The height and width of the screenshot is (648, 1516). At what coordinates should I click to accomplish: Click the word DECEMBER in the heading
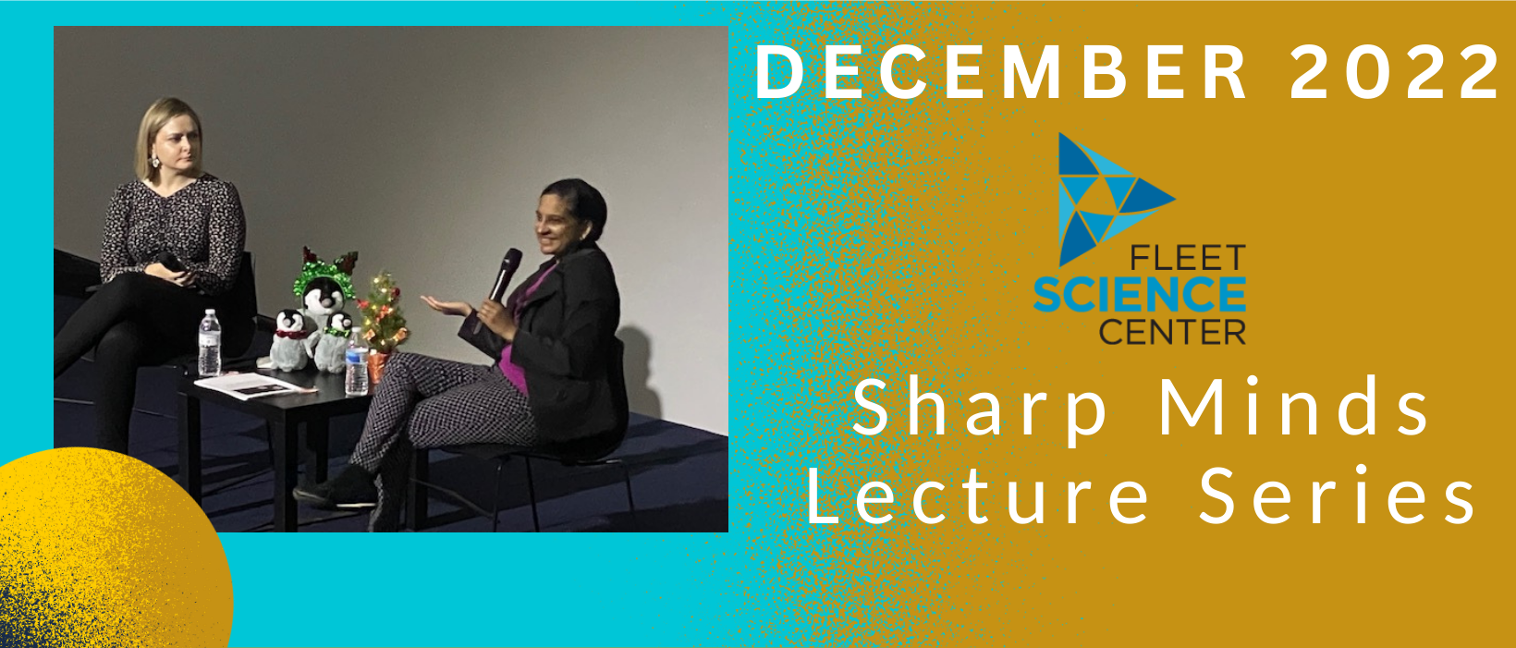[1001, 72]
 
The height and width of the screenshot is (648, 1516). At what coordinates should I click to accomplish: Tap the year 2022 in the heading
[1395, 72]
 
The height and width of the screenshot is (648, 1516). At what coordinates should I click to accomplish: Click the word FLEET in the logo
[1188, 258]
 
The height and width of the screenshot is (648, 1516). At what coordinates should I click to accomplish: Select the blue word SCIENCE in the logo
[1140, 294]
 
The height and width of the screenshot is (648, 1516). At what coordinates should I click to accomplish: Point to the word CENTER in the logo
[1172, 331]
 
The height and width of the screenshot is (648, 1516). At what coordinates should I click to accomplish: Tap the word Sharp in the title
[979, 409]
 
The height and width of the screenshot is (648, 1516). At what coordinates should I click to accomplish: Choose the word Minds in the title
[1293, 406]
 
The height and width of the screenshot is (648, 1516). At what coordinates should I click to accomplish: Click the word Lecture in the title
[977, 495]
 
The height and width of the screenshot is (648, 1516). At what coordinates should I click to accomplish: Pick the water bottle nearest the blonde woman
[210, 343]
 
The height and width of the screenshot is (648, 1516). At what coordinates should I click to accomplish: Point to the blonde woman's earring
[155, 161]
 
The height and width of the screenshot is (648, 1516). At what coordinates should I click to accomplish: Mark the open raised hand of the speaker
[446, 307]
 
